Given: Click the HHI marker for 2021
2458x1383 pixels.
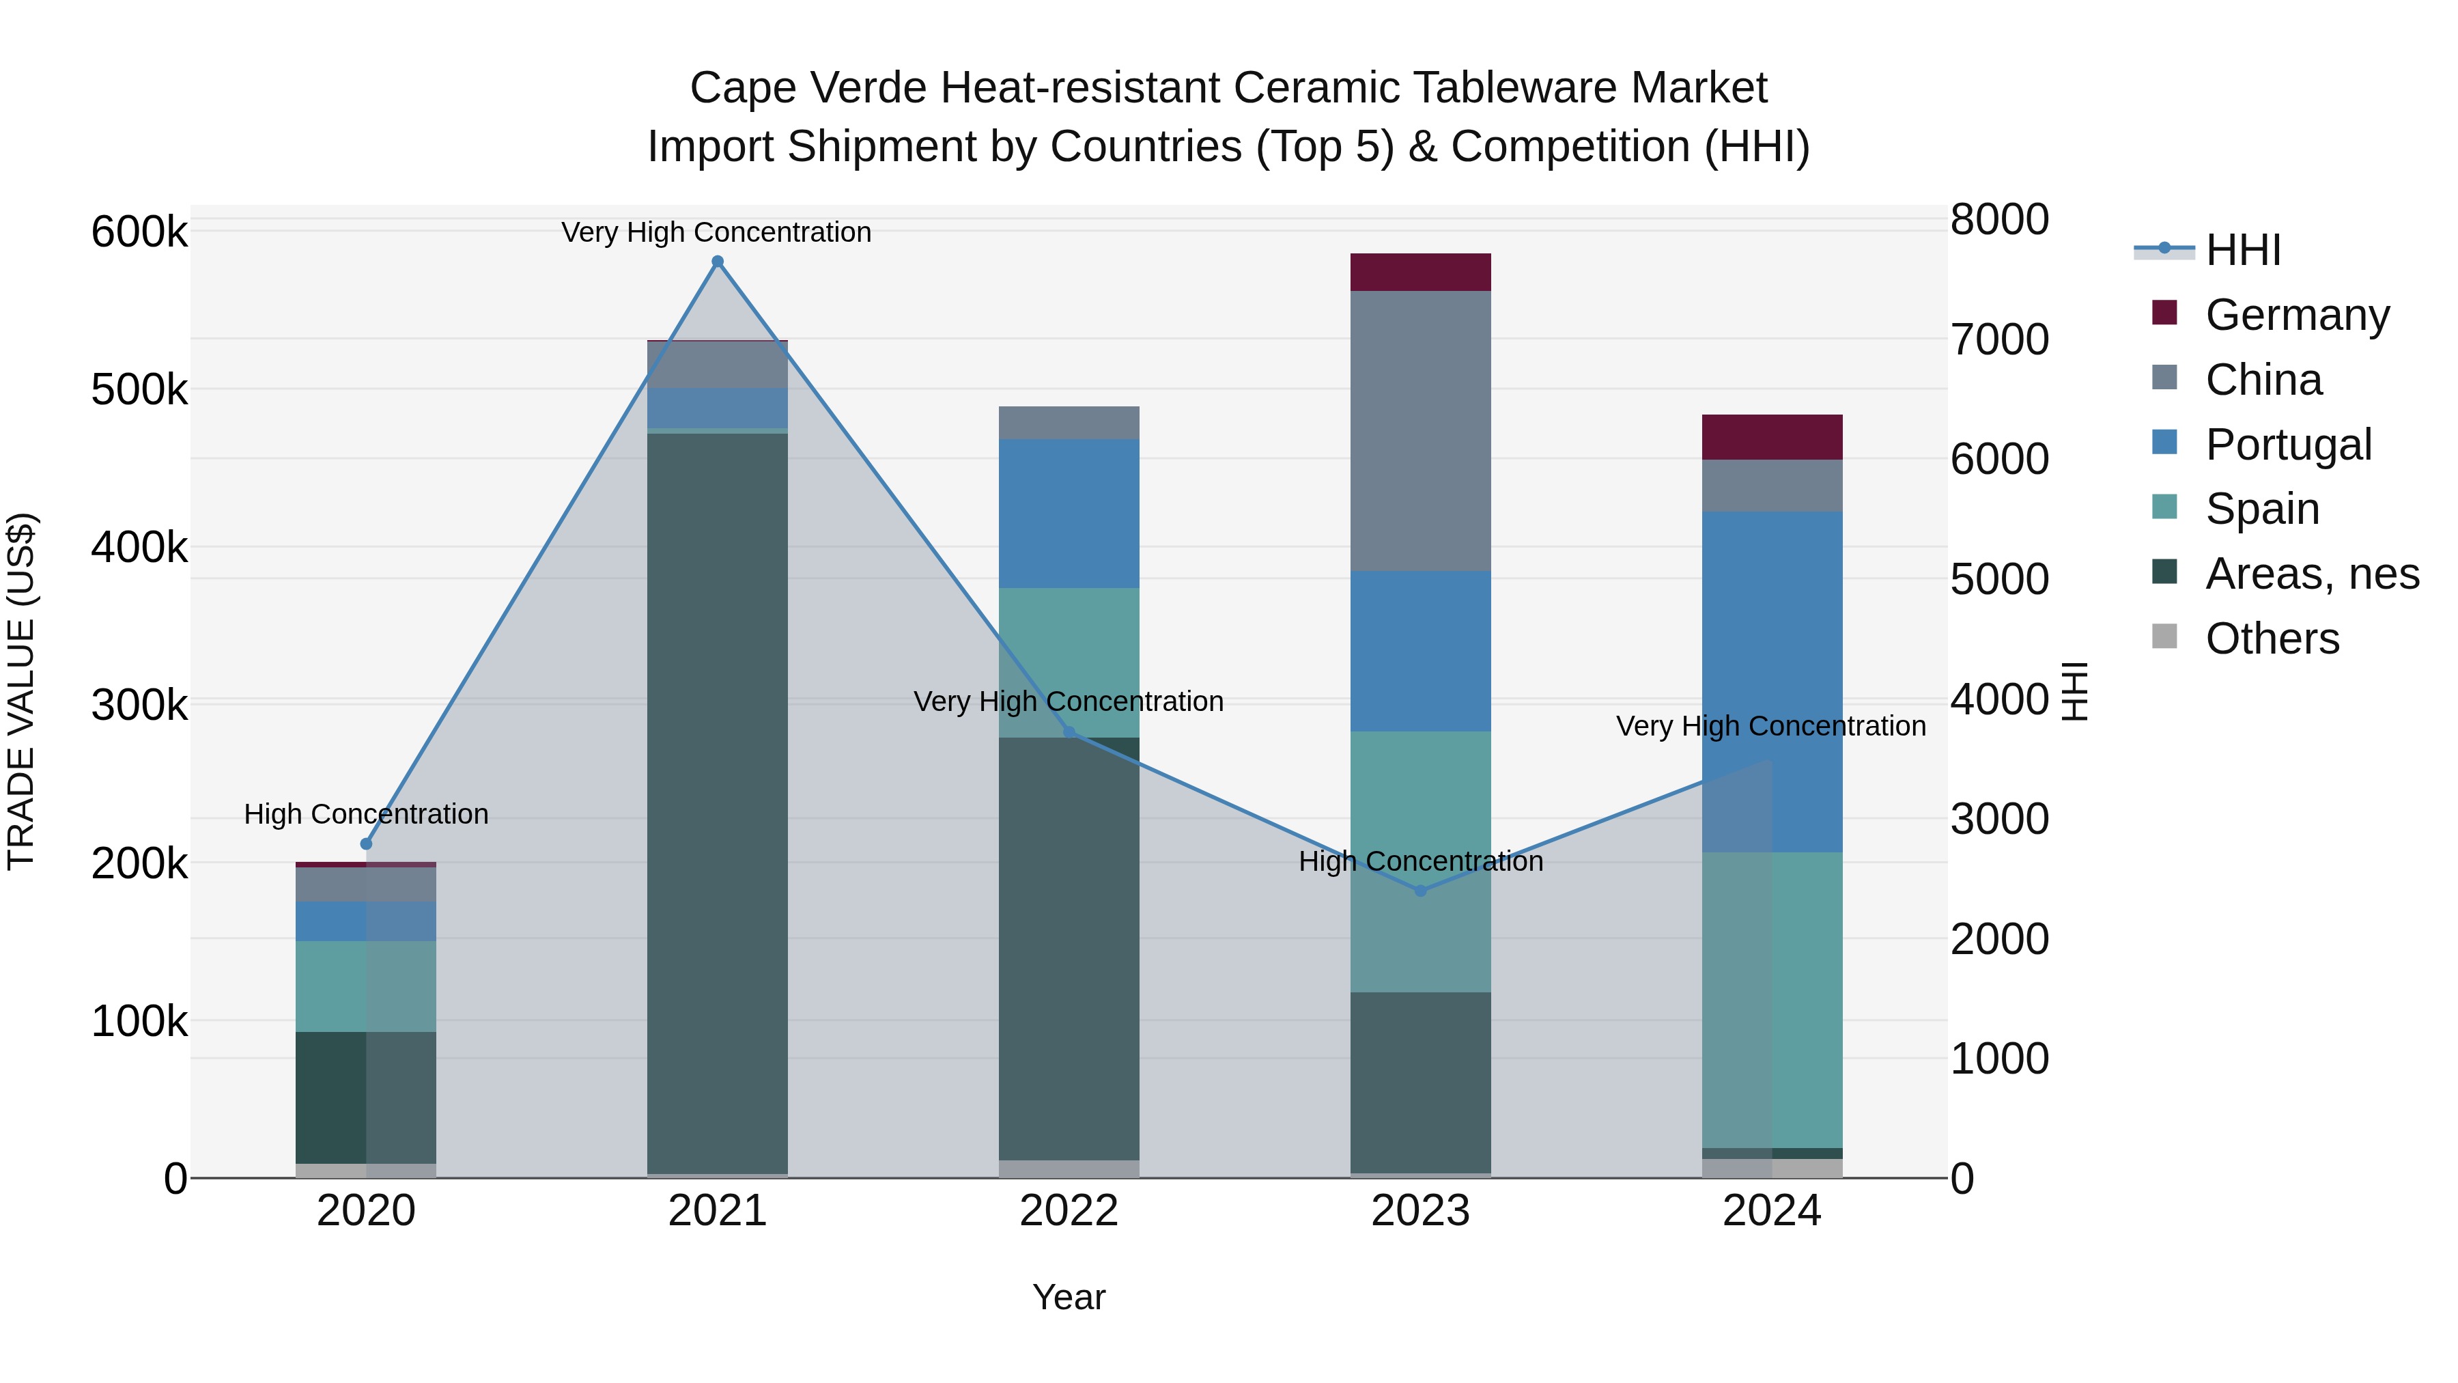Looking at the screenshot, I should (718, 262).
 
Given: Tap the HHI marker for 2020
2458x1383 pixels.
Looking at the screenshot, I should (367, 843).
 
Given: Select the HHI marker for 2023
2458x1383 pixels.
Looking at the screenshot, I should (1420, 891).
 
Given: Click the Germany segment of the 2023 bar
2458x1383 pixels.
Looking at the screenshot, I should (1420, 272).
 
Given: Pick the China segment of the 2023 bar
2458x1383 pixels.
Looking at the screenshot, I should (1420, 430).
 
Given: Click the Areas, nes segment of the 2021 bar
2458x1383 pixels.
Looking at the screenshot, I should (718, 802).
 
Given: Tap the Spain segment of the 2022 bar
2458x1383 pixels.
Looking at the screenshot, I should (1069, 662).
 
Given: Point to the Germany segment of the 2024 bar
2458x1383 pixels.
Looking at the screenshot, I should (1772, 437).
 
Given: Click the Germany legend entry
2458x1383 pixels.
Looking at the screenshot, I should (2297, 315).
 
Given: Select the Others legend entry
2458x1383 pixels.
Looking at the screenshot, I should (2272, 639).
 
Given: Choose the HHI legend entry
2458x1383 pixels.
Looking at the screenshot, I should (2242, 250).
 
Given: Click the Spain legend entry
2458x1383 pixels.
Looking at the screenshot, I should (2261, 509).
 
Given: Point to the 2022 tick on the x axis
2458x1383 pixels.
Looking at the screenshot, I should (1069, 1211).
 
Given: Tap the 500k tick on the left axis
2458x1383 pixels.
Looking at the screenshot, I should (139, 389).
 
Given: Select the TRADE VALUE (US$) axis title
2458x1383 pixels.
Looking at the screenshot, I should (22, 691).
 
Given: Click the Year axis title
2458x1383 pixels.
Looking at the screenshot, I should (1069, 1297).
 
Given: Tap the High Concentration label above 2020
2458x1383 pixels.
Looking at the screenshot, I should (367, 814).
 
